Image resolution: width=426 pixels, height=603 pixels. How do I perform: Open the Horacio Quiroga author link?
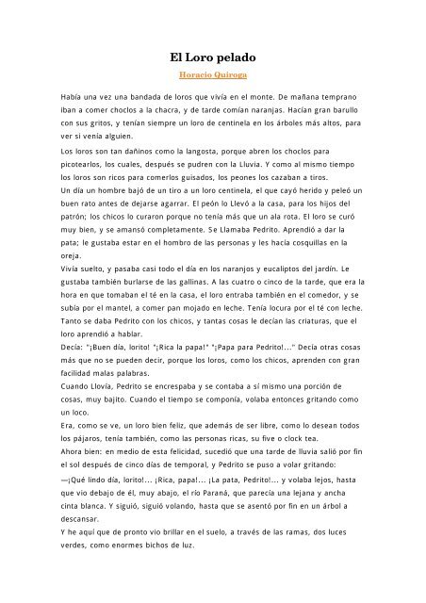(x=213, y=75)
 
